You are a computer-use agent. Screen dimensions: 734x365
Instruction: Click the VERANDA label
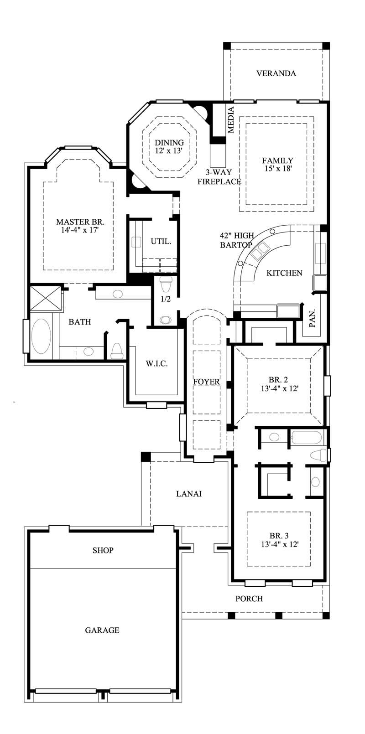tap(276, 73)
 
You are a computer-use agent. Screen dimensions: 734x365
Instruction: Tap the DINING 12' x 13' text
tap(169, 147)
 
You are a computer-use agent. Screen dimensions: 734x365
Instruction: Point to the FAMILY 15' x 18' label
tap(277, 164)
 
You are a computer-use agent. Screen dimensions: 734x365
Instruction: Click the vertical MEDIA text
tap(231, 119)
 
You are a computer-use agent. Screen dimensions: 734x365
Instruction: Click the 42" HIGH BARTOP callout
tap(236, 240)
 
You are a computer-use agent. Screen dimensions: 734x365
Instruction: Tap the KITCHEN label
tap(284, 273)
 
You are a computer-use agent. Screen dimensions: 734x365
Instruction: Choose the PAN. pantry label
tap(313, 319)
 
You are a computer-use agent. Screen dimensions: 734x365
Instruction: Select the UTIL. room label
tap(161, 242)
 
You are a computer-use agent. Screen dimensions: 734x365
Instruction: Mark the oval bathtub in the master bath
tap(41, 336)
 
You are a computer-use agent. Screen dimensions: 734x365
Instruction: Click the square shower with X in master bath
tap(45, 298)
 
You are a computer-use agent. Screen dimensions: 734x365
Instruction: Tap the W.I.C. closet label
tap(156, 363)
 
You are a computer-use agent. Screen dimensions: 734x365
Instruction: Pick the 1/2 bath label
tap(166, 299)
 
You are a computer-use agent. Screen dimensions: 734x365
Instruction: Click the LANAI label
tap(189, 494)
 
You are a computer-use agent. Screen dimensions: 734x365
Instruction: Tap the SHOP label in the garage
tap(103, 550)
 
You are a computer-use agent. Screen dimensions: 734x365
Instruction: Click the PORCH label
tap(249, 599)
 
